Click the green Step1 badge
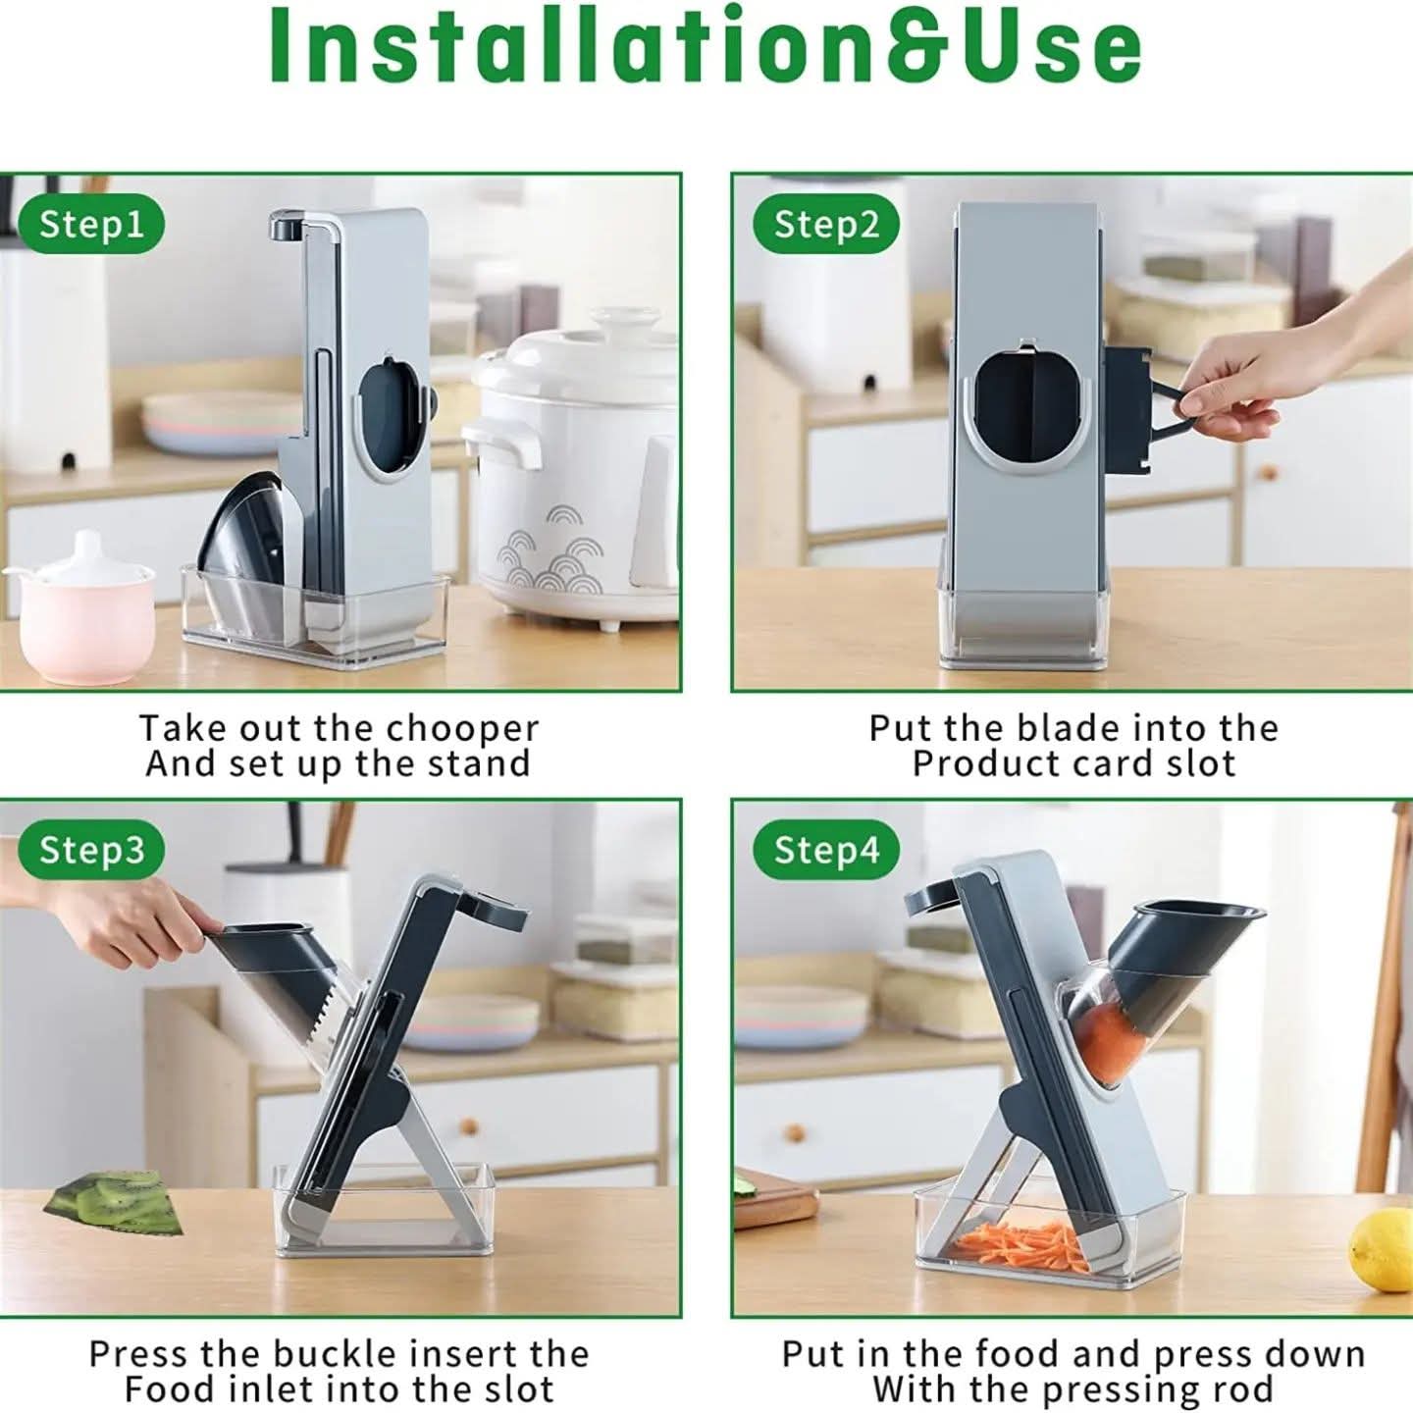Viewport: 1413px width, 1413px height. coord(91,225)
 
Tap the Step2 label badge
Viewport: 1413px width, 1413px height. coord(825,225)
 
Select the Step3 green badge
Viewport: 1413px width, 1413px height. coord(91,850)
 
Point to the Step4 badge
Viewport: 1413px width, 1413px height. coord(825,850)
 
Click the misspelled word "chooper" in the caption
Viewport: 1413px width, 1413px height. coord(463,730)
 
